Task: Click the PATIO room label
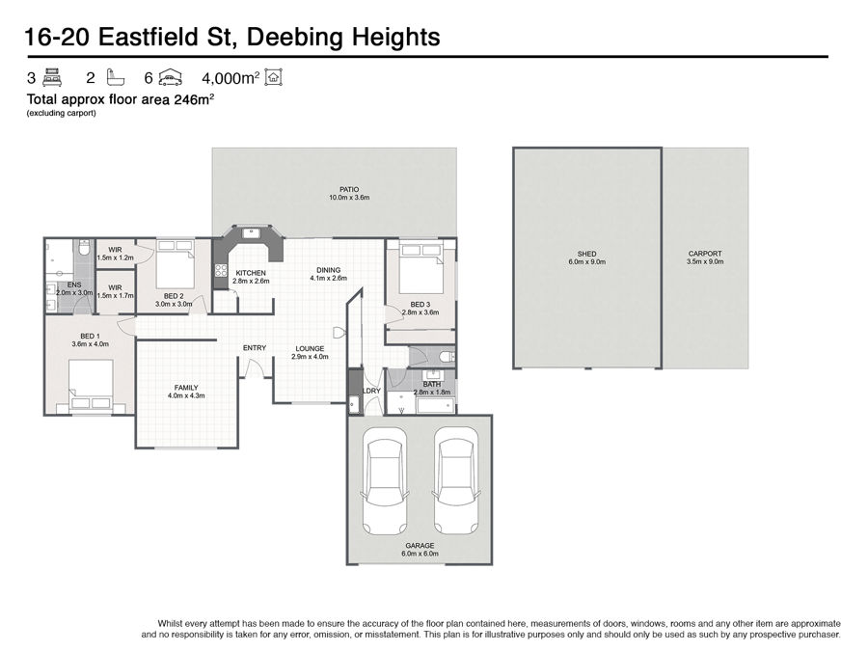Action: (349, 189)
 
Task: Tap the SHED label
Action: (586, 254)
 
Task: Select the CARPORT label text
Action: (705, 254)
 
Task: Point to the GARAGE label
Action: (420, 545)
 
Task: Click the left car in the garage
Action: (385, 479)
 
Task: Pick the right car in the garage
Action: (456, 479)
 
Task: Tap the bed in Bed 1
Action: (91, 385)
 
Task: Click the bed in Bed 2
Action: (175, 263)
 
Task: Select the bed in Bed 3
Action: (421, 268)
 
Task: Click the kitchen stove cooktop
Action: (221, 270)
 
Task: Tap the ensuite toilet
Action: (84, 247)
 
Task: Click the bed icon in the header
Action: (53, 77)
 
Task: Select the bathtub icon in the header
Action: (115, 77)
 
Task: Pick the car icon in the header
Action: (171, 78)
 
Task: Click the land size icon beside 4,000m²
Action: (274, 77)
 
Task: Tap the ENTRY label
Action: (255, 347)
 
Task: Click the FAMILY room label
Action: (186, 388)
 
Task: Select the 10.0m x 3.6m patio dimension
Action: (349, 197)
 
